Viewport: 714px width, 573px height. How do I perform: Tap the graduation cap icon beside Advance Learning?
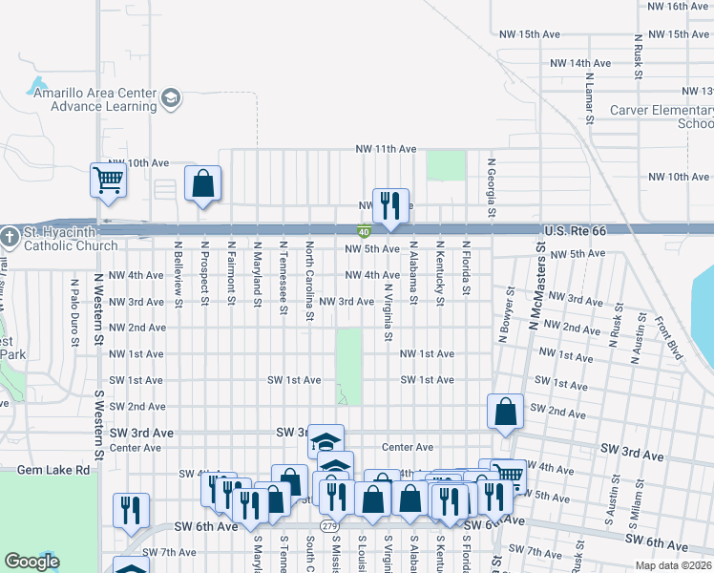(x=171, y=97)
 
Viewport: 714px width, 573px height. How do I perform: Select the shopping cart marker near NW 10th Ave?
(x=108, y=179)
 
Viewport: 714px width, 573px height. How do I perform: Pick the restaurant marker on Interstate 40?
(x=390, y=204)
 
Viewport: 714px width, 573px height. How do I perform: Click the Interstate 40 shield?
(x=365, y=231)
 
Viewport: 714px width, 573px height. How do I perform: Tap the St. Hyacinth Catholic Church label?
(x=60, y=239)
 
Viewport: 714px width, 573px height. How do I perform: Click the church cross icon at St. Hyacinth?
(x=9, y=235)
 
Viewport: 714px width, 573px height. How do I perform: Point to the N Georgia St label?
(x=493, y=189)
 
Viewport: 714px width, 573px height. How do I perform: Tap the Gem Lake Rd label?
(x=53, y=470)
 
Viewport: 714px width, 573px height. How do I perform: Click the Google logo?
(x=31, y=562)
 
